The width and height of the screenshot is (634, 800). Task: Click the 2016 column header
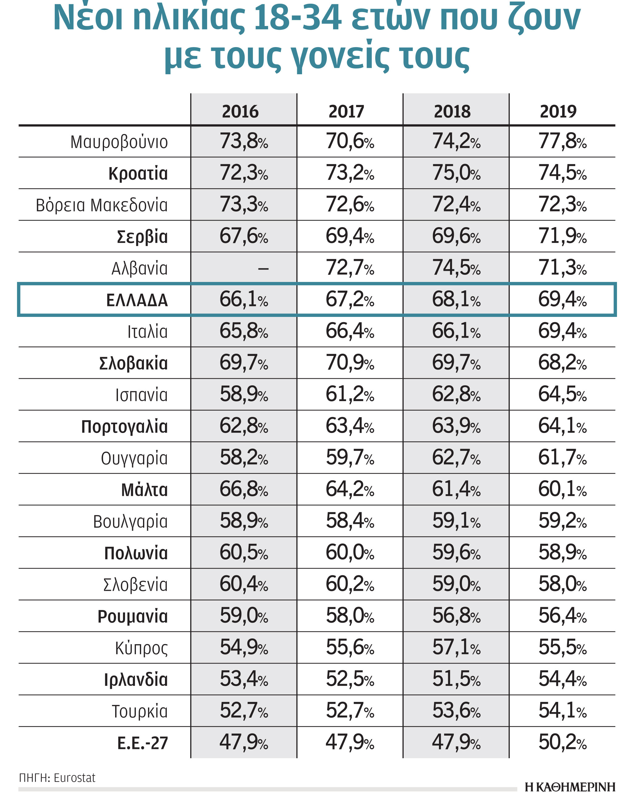click(240, 111)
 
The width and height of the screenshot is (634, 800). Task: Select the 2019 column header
click(558, 111)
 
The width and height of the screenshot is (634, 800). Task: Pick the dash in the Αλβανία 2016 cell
click(263, 269)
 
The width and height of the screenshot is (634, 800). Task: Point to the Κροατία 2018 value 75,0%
click(456, 173)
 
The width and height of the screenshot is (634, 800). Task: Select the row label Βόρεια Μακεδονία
click(102, 205)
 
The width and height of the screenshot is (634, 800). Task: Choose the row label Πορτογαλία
click(124, 427)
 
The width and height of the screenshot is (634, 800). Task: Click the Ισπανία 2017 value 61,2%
click(350, 395)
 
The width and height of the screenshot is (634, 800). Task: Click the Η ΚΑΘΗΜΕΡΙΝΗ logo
click(570, 787)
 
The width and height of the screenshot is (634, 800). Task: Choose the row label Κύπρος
click(141, 648)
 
